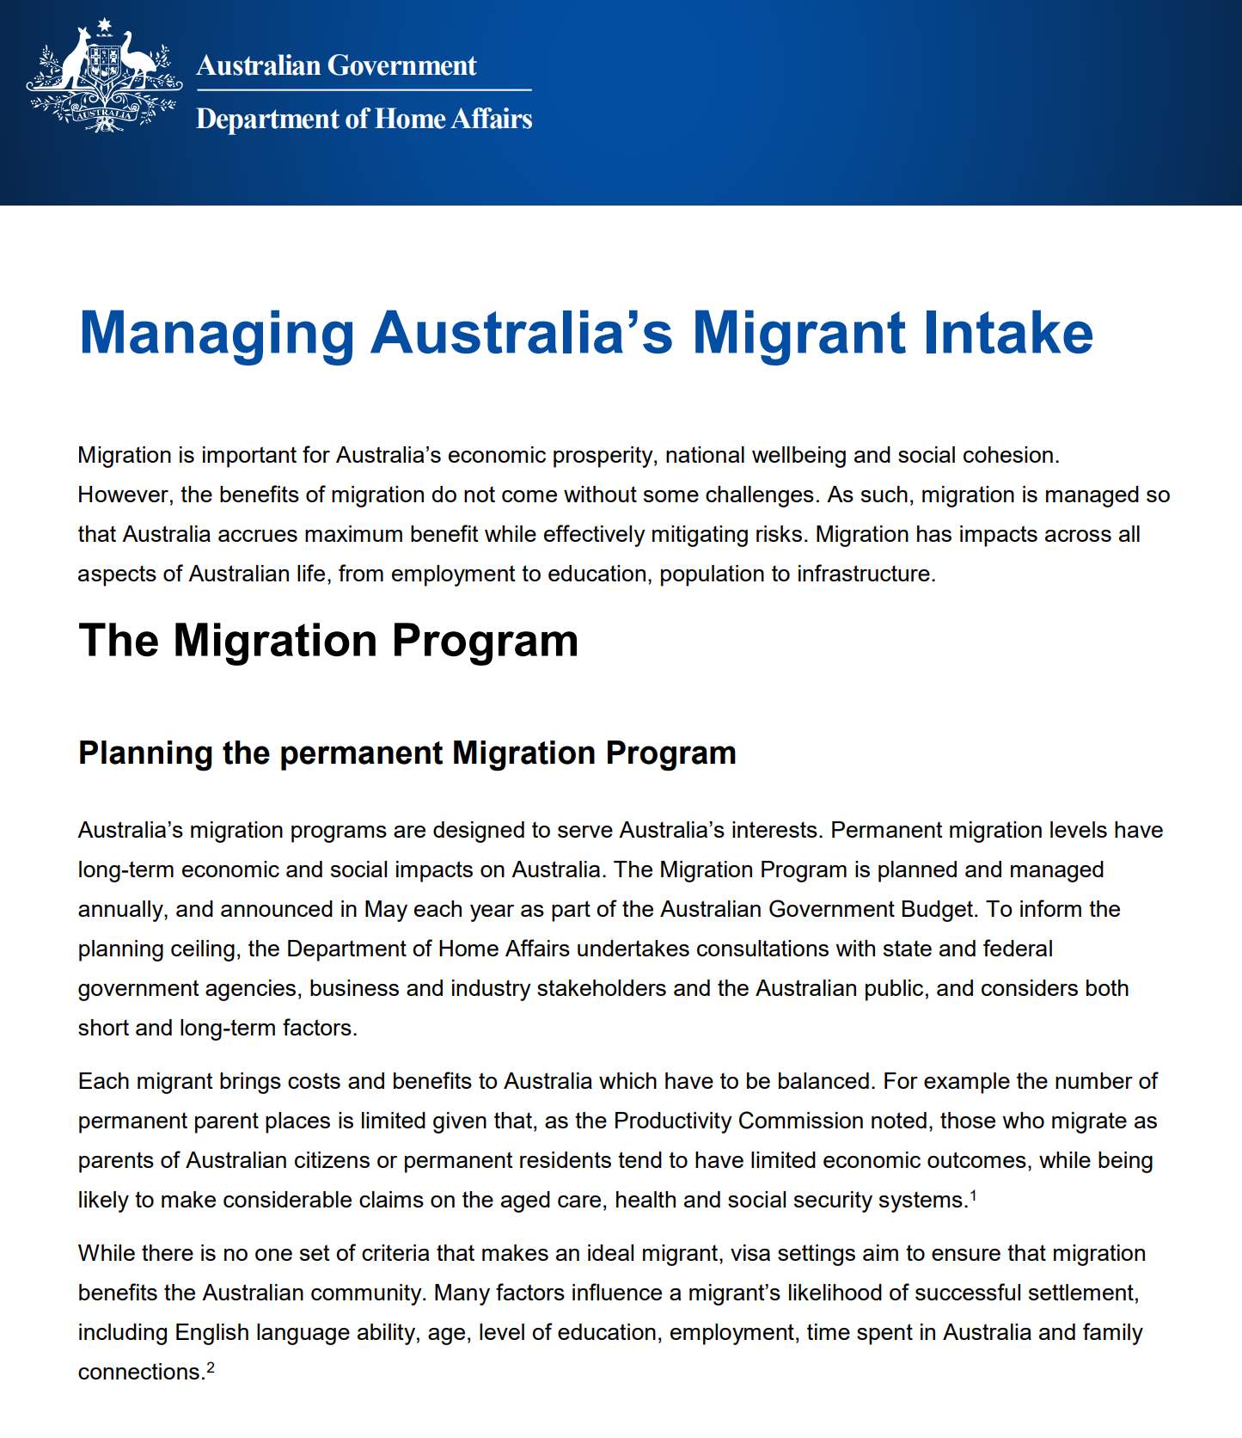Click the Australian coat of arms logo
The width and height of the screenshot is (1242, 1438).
pos(104,76)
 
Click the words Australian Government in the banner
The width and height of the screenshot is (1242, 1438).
pos(336,65)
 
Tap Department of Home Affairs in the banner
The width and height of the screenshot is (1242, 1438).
pos(364,119)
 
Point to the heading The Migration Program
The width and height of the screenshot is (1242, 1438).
pos(327,641)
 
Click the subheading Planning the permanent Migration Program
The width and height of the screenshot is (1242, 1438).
pos(407,753)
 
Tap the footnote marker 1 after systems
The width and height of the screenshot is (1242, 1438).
pos(973,1194)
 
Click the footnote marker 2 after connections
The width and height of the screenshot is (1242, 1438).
pos(211,1366)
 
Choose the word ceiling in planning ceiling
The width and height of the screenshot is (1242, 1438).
pos(205,949)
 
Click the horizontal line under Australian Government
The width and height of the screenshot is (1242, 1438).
pos(364,89)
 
